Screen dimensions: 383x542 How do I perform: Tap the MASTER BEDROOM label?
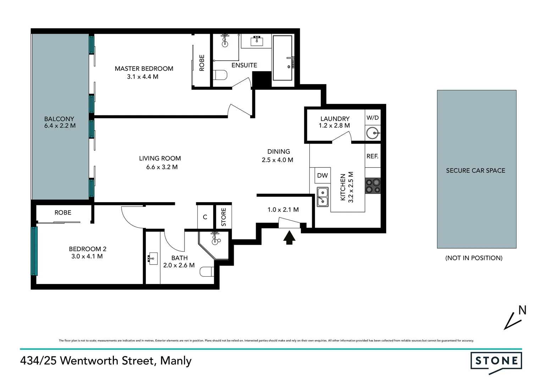[x=144, y=68]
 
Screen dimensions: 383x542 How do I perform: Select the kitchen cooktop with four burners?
[x=372, y=186]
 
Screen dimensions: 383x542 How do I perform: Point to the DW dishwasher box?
[x=322, y=175]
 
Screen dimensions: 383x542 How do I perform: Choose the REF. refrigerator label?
[x=372, y=156]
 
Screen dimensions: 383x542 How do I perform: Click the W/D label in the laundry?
[x=372, y=118]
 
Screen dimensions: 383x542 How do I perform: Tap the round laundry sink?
[x=372, y=133]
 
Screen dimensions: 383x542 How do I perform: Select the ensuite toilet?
[x=220, y=75]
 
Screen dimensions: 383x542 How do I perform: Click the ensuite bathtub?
[x=282, y=58]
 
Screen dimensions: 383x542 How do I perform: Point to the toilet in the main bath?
[x=207, y=272]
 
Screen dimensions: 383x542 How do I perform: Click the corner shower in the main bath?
[x=214, y=244]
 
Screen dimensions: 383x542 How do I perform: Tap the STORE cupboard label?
[x=223, y=217]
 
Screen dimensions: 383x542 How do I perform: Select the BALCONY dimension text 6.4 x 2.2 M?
[x=60, y=126]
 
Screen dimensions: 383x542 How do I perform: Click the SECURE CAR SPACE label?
[x=475, y=171]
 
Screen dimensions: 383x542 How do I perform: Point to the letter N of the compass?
[x=522, y=310]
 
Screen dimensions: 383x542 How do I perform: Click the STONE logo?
[x=496, y=361]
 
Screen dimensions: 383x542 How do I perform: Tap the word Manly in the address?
[x=176, y=361]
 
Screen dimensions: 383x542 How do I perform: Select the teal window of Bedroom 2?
[x=34, y=251]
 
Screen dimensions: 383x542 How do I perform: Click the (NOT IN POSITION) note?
[x=474, y=258]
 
